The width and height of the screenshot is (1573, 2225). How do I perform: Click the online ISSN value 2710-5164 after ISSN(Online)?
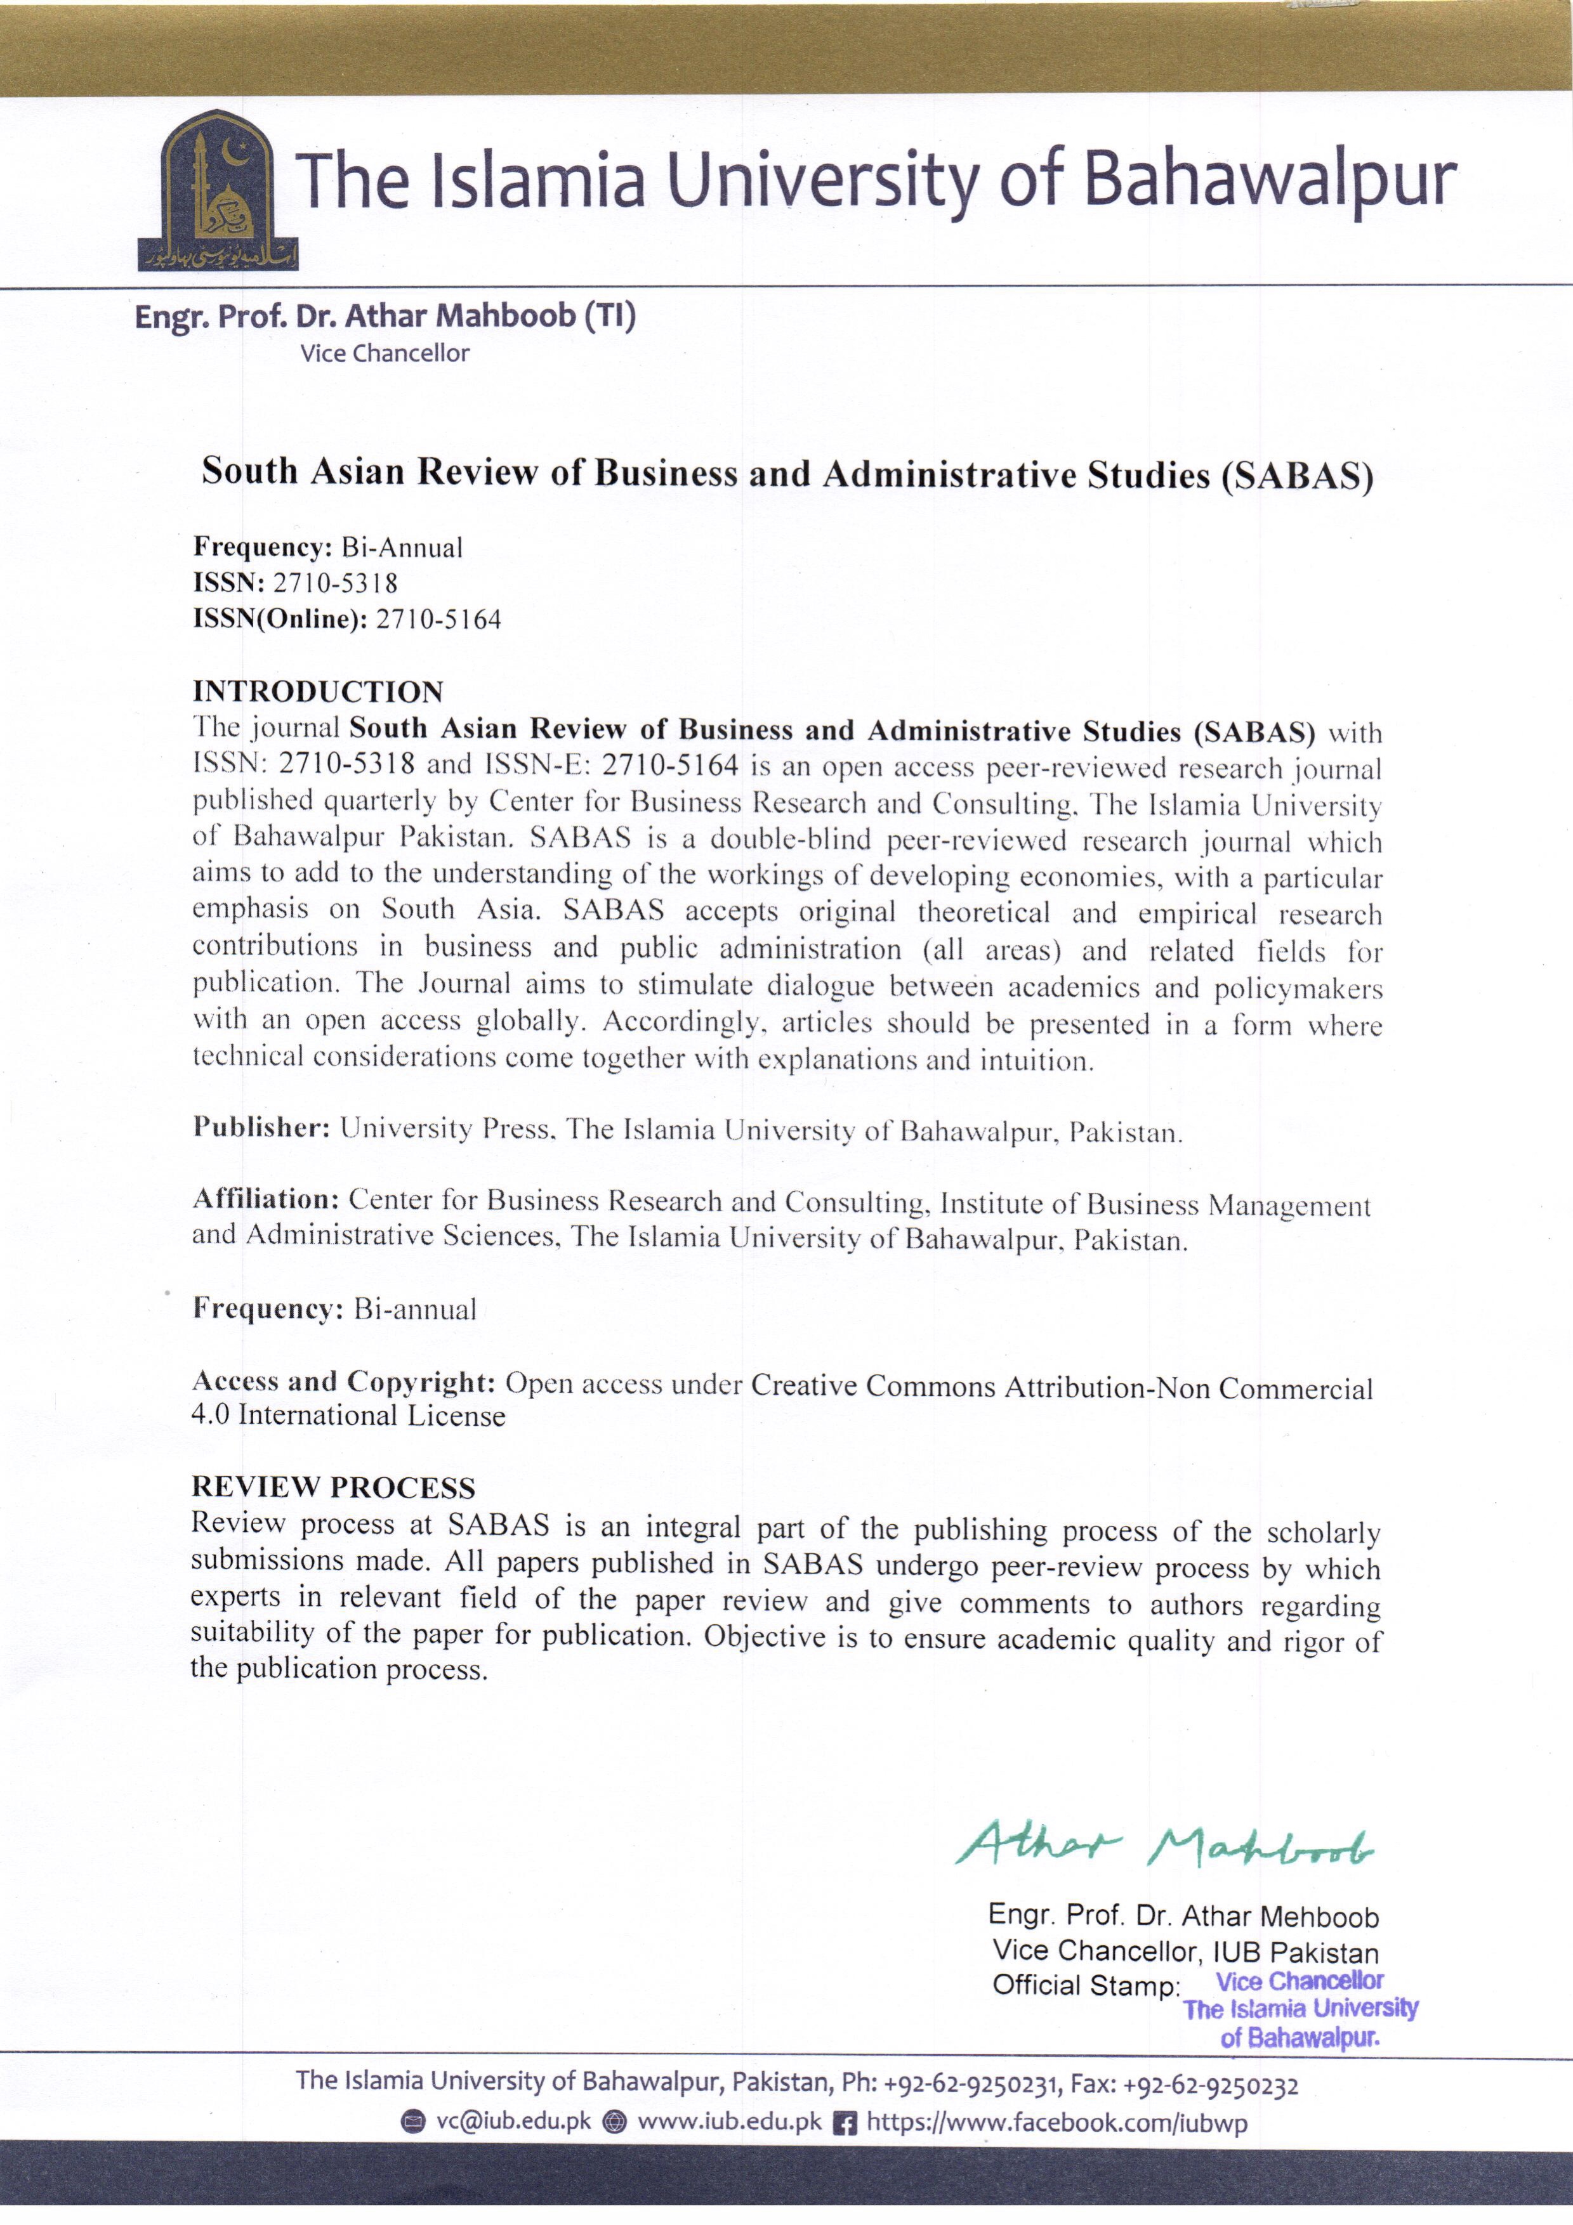439,619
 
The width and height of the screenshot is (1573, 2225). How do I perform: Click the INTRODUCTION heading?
318,692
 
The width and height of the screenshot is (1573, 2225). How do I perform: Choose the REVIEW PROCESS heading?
333,1487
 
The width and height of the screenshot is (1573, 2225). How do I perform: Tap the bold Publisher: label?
261,1127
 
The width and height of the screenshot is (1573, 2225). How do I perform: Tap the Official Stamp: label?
1086,1986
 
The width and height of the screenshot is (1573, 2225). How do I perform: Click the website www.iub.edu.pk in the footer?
729,2122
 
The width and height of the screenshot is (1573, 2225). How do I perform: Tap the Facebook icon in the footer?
845,2124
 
